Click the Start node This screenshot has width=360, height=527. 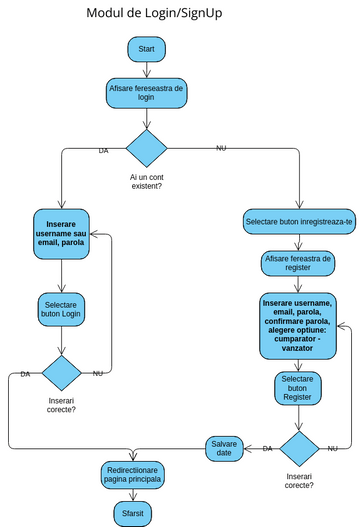click(x=146, y=49)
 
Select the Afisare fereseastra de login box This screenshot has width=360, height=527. click(x=146, y=93)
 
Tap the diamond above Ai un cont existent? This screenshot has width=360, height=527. click(x=146, y=148)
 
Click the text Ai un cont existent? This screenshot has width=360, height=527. click(x=146, y=181)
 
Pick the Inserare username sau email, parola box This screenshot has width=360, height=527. click(x=61, y=230)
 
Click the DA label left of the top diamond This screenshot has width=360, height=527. click(x=103, y=151)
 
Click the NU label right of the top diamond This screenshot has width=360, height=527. click(x=221, y=148)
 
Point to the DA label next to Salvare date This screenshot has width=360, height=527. click(x=267, y=449)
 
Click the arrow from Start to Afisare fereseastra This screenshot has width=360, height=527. click(x=146, y=69)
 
